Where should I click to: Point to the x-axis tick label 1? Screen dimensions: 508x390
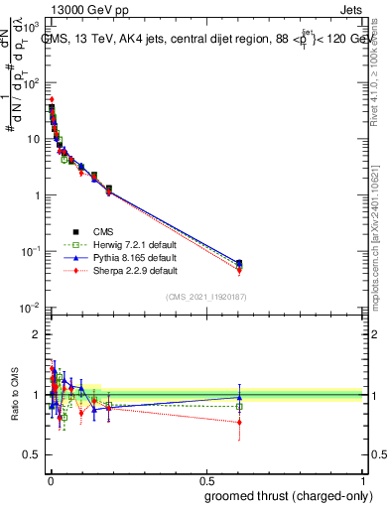coord(363,481)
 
